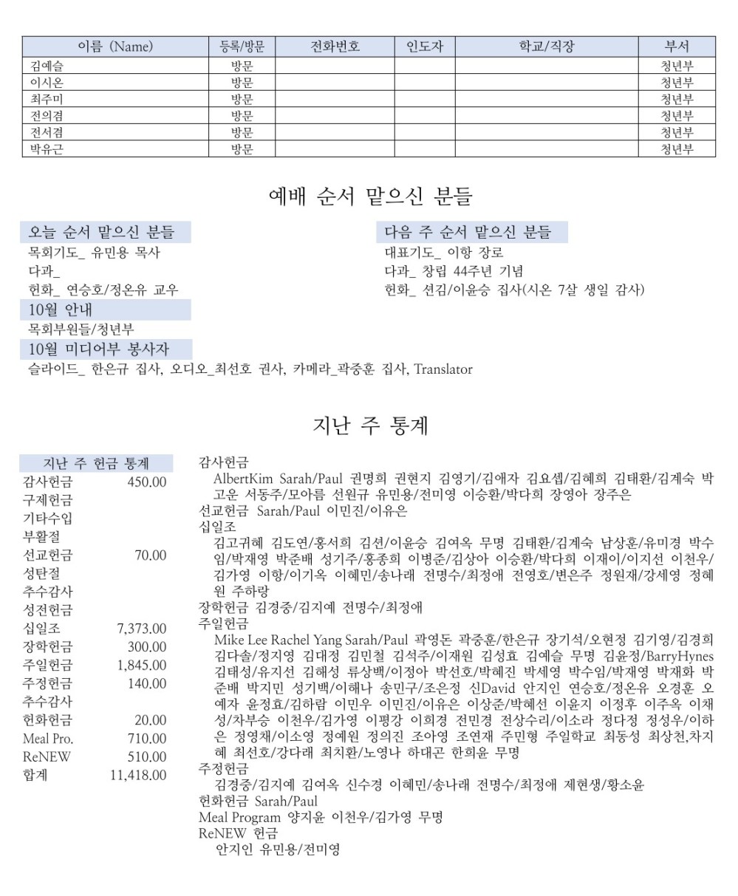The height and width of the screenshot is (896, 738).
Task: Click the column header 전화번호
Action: pos(335,47)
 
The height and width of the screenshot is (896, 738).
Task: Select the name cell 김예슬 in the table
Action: pos(42,65)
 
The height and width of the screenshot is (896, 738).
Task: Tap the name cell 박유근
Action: pos(42,150)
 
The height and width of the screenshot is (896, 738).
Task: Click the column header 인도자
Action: pos(424,47)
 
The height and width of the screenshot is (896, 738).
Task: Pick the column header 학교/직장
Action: pos(546,47)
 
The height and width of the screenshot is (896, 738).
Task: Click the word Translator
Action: pos(443,369)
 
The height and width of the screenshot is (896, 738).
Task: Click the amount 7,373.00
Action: pos(142,629)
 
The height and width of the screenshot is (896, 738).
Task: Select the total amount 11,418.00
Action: pos(138,775)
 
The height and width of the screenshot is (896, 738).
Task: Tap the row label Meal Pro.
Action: pos(48,739)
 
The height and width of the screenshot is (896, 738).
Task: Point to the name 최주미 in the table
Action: pos(42,99)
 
